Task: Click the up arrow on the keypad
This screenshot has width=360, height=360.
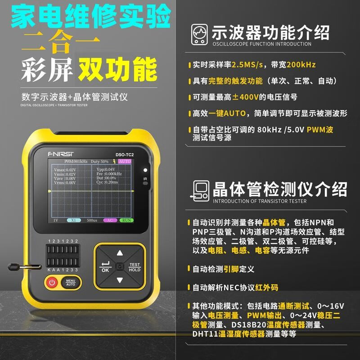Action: (119, 253)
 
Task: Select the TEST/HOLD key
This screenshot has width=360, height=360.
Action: (135, 267)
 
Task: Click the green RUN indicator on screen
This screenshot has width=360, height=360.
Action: (126, 220)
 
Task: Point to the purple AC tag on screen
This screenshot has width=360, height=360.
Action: (110, 220)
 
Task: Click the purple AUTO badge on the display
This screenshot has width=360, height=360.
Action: (125, 161)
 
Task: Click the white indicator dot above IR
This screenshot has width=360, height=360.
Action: (144, 171)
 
